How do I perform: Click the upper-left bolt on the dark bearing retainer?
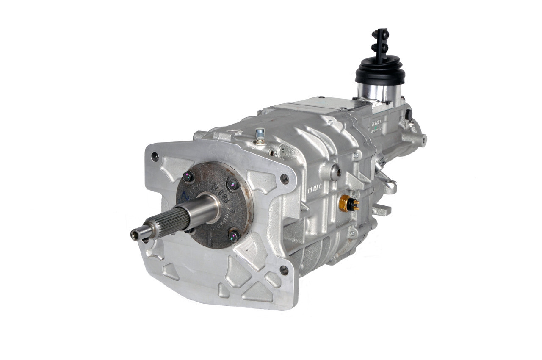tap(188, 176)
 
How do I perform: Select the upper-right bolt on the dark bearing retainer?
tap(232, 184)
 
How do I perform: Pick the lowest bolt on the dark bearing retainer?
tap(234, 235)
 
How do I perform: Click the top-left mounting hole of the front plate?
tap(155, 157)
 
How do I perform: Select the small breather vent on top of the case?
tap(260, 135)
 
